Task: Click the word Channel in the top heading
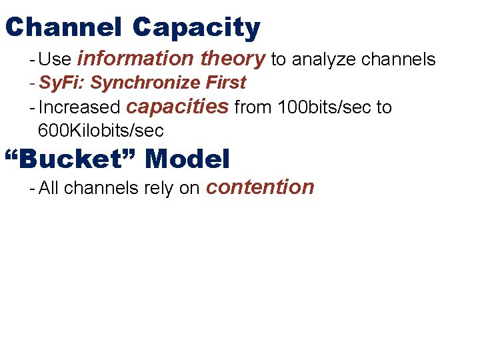(x=63, y=27)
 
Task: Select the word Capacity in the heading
(x=196, y=27)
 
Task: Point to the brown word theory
(x=233, y=59)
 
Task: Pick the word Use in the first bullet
(x=55, y=60)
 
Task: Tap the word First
(x=226, y=83)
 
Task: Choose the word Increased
(x=79, y=108)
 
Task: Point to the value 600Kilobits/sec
(x=101, y=131)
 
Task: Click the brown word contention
(x=260, y=187)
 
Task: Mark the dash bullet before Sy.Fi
(x=33, y=83)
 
